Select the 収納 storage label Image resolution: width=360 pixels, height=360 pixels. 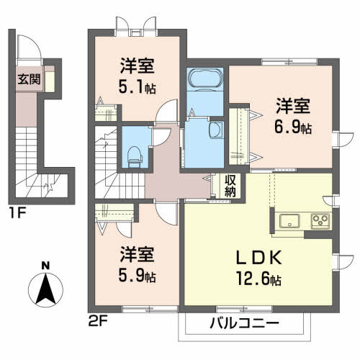(x=230, y=185)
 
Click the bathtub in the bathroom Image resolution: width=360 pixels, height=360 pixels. (x=197, y=78)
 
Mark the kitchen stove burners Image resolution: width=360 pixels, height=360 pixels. (x=320, y=220)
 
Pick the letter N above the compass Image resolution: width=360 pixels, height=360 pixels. (x=45, y=266)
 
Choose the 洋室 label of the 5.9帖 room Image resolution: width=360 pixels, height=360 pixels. (x=138, y=255)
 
